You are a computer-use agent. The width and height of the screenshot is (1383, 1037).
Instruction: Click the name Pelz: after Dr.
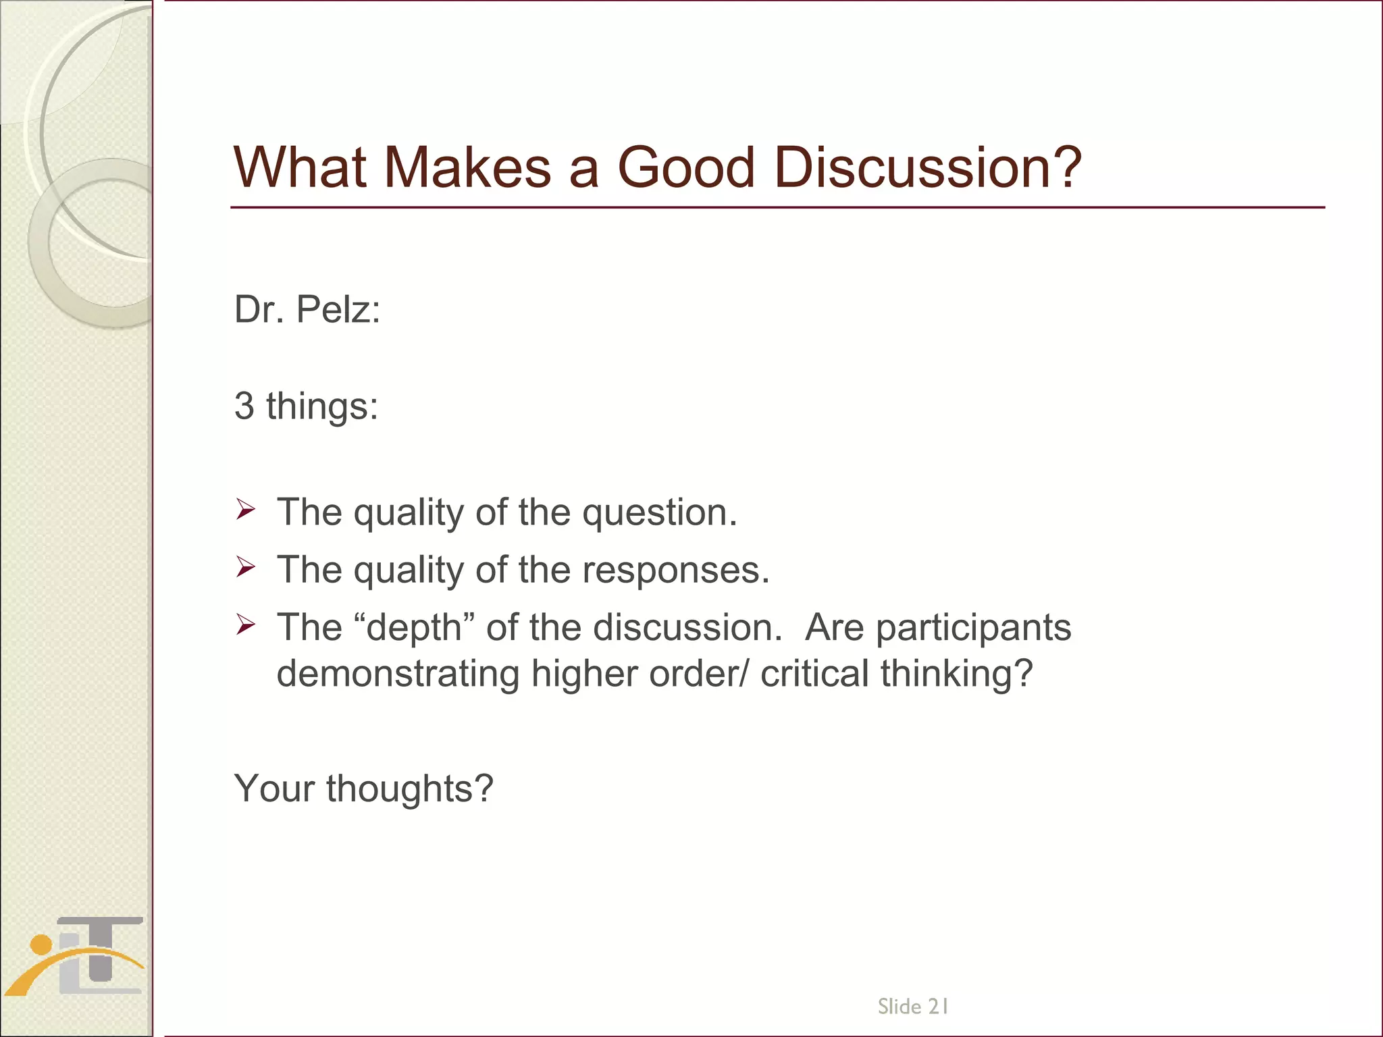[338, 310]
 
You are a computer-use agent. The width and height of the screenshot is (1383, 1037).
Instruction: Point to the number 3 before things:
[244, 406]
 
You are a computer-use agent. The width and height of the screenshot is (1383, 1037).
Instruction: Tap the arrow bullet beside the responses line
[245, 567]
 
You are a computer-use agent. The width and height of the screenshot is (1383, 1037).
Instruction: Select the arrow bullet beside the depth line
[245, 625]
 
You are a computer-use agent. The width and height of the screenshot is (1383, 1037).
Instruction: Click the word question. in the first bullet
[660, 512]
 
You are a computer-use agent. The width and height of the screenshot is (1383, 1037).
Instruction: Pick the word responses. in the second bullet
[676, 570]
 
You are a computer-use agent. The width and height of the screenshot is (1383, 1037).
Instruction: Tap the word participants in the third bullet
[973, 628]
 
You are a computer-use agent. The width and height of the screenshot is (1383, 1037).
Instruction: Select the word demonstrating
[398, 674]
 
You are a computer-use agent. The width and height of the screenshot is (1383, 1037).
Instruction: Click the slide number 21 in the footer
[939, 1007]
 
